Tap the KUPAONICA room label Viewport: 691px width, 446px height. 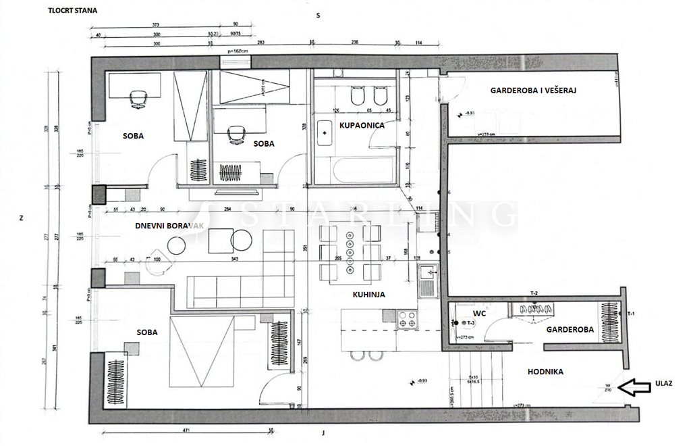(362, 126)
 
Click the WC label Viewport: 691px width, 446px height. (479, 314)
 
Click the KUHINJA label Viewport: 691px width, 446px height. (368, 295)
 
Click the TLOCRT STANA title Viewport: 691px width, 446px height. (71, 11)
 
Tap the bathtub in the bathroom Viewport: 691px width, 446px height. (358, 170)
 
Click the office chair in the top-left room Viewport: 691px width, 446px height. (138, 99)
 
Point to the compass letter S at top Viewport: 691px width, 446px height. (317, 15)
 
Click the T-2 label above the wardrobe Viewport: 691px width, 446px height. (534, 293)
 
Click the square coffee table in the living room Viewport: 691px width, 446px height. (221, 241)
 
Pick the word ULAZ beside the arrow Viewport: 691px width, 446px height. (663, 382)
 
